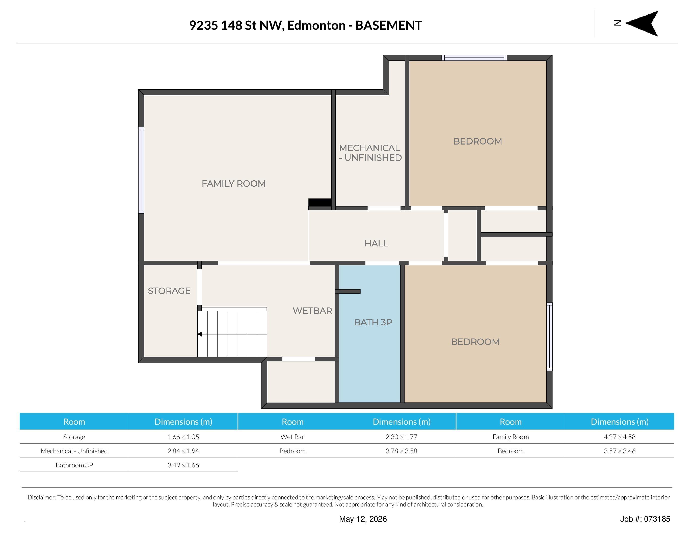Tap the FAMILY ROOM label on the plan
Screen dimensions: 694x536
[233, 184]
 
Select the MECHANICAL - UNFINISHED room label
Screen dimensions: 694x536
[370, 153]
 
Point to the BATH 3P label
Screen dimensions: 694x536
[373, 322]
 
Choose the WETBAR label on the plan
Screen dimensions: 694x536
[312, 311]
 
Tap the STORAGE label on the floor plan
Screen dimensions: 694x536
[169, 291]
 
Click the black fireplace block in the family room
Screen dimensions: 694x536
[320, 202]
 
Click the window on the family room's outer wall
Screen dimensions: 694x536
[141, 170]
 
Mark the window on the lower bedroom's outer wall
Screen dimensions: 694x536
[549, 336]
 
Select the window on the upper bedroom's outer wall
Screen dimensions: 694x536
[474, 58]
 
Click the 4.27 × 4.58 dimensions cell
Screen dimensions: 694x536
[620, 437]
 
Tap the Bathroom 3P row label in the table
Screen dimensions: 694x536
[74, 465]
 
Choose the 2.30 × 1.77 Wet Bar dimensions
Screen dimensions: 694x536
[401, 437]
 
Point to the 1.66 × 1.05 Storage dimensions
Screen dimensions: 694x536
[183, 437]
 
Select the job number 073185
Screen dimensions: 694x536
[657, 519]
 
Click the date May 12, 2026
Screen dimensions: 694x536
[363, 519]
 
